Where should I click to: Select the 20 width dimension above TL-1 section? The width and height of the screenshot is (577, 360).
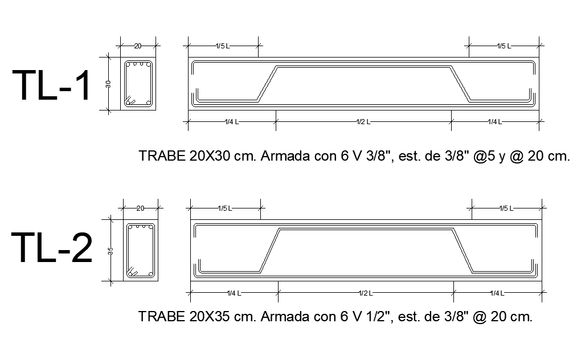click(137, 46)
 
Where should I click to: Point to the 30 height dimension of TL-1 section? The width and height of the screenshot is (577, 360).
click(108, 83)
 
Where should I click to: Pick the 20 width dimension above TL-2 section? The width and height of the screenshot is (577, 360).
click(140, 208)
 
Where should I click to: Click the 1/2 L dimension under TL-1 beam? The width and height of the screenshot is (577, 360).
click(363, 121)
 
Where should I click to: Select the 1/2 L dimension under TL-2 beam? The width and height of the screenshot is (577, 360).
click(366, 293)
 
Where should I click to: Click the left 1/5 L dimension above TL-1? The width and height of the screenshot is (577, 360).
click(223, 46)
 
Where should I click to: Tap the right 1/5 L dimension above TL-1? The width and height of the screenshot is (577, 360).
click(504, 46)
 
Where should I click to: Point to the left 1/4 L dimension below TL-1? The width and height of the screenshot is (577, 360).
click(232, 121)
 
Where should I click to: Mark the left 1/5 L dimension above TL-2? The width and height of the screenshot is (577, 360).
click(225, 208)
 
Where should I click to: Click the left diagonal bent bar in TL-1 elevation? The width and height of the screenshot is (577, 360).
click(267, 84)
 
